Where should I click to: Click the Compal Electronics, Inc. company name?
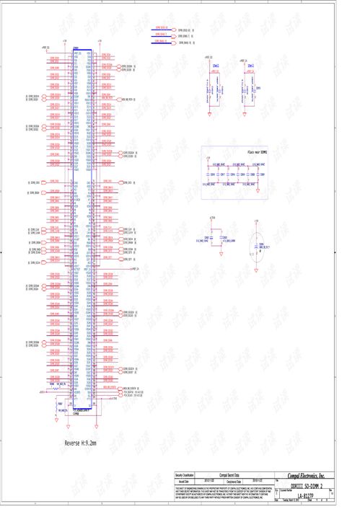(310, 476)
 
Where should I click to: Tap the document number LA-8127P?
(304, 497)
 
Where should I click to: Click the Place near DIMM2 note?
(257, 153)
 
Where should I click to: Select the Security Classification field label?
(185, 476)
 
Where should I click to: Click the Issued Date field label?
(183, 481)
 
